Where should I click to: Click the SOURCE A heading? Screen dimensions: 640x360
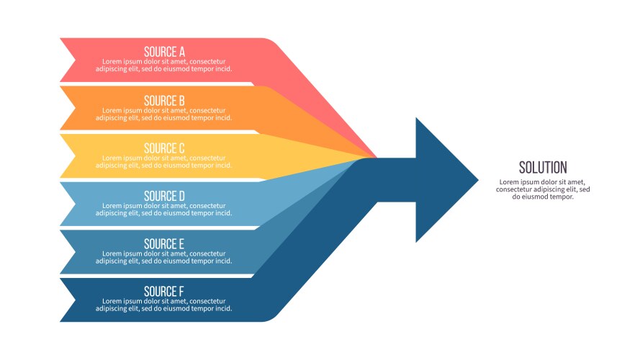pos(164,52)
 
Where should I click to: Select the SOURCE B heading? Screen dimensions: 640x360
pos(164,100)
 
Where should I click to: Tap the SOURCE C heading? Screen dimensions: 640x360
pos(164,148)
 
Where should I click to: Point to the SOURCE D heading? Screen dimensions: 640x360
pos(164,196)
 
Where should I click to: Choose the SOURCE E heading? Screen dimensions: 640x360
pos(164,243)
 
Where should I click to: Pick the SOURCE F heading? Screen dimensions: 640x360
pos(164,292)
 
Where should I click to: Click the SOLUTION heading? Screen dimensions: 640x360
pos(543,167)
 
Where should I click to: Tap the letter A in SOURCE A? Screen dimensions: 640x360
pos(181,52)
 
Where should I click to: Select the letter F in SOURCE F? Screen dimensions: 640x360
pos(181,292)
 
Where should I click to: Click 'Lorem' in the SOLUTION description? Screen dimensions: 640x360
pos(509,182)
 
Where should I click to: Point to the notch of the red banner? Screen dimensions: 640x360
pos(75,60)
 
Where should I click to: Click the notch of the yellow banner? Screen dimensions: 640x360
pos(75,156)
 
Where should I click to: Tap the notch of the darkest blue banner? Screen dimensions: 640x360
pos(75,300)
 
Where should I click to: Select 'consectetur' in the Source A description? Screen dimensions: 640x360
pos(207,62)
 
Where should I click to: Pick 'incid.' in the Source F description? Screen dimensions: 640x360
pos(223,309)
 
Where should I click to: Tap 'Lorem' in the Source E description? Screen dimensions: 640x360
pos(112,253)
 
